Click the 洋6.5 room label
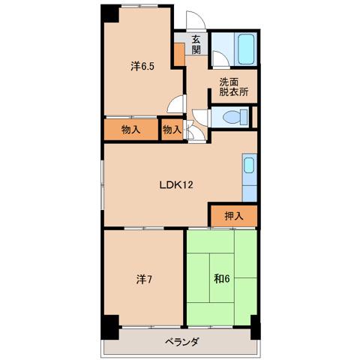pos(142,67)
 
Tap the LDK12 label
pos(176,185)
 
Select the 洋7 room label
pos(144,279)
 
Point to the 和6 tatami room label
pos(222,279)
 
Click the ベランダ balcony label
pos(182,341)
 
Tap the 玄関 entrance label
pos(196,44)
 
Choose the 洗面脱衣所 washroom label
pos(234,87)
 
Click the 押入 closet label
pos(234,216)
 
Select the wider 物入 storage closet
pos(131,130)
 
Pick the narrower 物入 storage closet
pos(172,130)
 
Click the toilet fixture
pos(235,117)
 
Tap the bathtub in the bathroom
pos(246,49)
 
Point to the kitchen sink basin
pos(249,165)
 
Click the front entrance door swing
pos(196,20)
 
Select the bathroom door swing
pos(220,59)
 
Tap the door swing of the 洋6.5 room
pos(176,104)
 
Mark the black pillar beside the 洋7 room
pos(109,327)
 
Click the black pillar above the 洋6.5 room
pos(109,13)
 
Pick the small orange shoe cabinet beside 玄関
pos(179,55)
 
